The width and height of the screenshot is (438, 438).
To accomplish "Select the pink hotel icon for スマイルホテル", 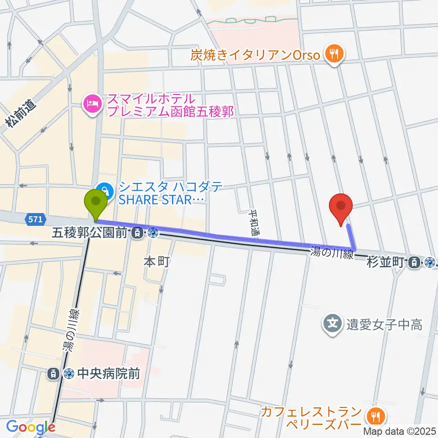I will click(x=91, y=104).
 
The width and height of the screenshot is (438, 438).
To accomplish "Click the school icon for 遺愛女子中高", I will click(x=333, y=324).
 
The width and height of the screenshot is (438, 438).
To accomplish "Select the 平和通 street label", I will click(x=254, y=222).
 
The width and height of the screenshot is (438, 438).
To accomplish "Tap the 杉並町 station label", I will click(x=386, y=262).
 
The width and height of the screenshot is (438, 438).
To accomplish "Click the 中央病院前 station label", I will click(x=108, y=374).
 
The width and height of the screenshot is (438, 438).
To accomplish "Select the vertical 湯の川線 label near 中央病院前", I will click(x=71, y=331).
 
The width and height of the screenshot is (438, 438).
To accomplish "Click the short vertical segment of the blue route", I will click(x=351, y=237).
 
